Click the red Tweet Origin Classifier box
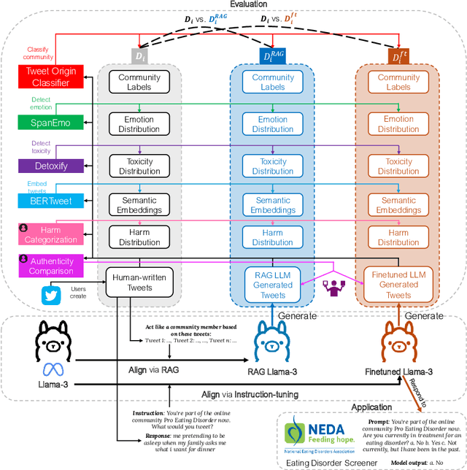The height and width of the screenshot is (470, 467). [x=48, y=77]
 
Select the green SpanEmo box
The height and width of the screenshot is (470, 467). [x=48, y=123]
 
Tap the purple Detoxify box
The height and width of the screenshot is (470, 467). [x=48, y=166]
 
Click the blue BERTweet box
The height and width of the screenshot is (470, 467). [x=48, y=200]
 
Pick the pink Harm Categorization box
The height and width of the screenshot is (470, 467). [x=48, y=234]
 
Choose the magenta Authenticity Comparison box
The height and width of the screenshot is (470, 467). [x=48, y=266]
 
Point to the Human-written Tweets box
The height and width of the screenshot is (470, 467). [x=139, y=282]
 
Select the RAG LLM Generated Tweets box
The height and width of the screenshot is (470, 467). [x=273, y=285]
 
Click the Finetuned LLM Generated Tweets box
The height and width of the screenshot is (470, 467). [x=398, y=285]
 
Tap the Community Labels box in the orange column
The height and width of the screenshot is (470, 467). [x=398, y=82]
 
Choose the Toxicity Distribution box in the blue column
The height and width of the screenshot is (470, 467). [x=273, y=166]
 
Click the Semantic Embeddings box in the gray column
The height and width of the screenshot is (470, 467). [x=139, y=205]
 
